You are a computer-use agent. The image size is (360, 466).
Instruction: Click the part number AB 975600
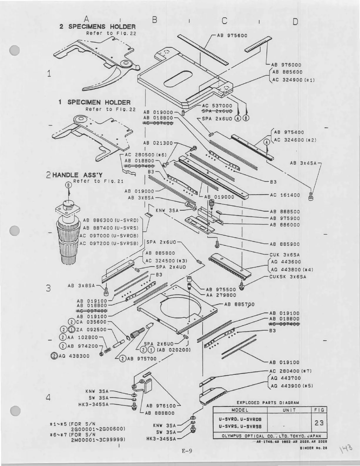[232, 36]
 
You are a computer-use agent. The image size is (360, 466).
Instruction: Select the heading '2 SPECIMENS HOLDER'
[97, 27]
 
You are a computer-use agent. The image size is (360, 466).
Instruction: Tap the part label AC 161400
[285, 195]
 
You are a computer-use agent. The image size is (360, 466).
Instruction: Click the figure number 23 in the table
[319, 423]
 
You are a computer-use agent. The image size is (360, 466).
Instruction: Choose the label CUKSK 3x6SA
[288, 277]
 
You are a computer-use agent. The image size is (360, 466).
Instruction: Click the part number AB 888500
[285, 212]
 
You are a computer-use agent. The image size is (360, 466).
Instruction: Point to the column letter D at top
[295, 21]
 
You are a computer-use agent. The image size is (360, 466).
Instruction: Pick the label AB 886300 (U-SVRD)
[110, 220]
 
